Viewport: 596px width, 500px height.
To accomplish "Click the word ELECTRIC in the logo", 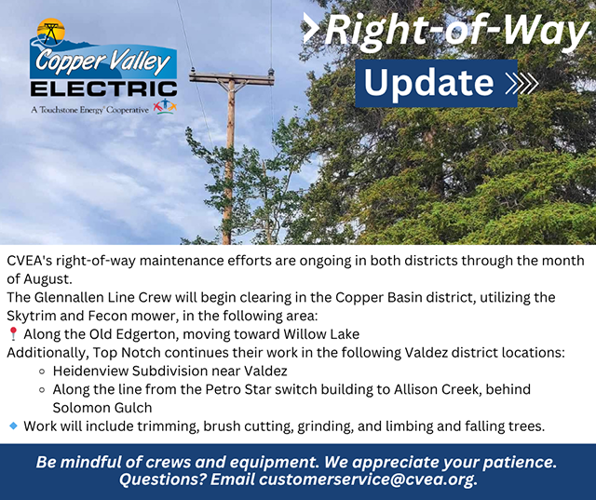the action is [x=103, y=88].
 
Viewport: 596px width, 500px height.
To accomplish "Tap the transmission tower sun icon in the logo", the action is [x=51, y=32].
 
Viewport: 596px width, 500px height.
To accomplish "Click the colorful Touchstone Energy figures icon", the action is [x=165, y=106].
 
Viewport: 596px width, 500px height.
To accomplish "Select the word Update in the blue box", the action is [x=428, y=83].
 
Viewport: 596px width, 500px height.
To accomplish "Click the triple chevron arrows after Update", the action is [x=521, y=83].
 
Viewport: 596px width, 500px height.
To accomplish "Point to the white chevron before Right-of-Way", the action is [x=310, y=27].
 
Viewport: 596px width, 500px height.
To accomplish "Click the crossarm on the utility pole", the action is [x=232, y=78].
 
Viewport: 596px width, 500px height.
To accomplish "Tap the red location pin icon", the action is [x=13, y=334].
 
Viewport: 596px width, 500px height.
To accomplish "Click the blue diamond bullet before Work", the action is [x=13, y=426].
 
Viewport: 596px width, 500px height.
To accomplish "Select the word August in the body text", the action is [x=47, y=279].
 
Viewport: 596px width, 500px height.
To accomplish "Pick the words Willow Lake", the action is [x=321, y=334].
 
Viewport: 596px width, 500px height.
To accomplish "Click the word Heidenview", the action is [x=90, y=371].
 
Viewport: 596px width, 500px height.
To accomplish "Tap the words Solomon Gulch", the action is [x=102, y=408].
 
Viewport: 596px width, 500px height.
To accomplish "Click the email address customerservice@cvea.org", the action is [x=366, y=480].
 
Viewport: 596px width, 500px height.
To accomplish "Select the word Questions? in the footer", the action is [x=163, y=480].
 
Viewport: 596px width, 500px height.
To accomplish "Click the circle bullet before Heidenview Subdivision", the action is [x=42, y=372].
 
